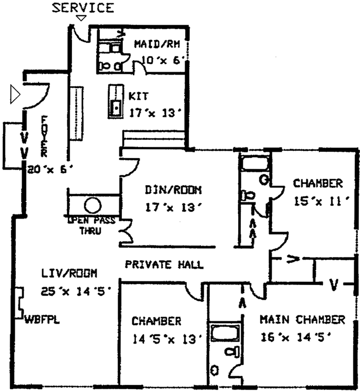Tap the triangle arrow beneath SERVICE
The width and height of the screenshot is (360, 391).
tap(81, 19)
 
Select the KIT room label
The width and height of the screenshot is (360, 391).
tap(137, 96)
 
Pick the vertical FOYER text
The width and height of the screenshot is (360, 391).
tap(45, 137)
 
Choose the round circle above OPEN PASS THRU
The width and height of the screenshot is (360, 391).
tap(93, 205)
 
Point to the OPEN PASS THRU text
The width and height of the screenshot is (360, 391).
tap(91, 225)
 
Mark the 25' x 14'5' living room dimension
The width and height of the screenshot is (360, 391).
tap(75, 291)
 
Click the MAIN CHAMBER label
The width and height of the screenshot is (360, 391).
tap(302, 319)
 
